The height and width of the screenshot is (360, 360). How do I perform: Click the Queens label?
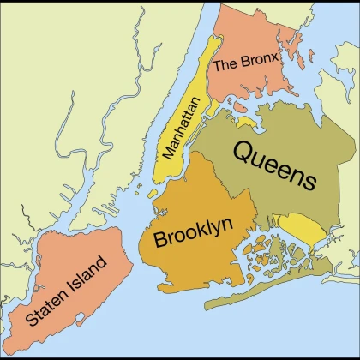click(x=274, y=165)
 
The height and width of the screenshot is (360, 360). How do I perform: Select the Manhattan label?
click(x=181, y=129)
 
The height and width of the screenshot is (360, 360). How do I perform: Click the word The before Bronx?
click(x=225, y=63)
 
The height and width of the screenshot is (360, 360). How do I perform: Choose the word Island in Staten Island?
click(x=91, y=273)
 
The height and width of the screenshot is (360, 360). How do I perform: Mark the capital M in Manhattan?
click(x=168, y=155)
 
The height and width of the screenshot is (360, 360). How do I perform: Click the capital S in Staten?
click(x=33, y=321)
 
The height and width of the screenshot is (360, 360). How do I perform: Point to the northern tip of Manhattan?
click(x=219, y=39)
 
